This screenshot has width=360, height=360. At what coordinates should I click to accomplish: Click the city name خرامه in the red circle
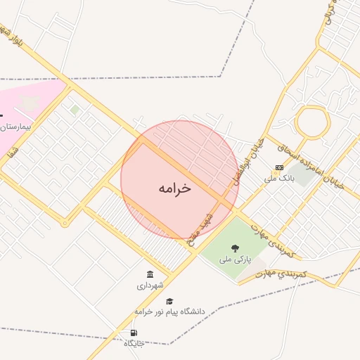[174, 188]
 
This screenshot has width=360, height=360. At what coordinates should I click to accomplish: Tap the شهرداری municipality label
[150, 285]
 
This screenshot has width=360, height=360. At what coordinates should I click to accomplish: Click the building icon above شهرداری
[150, 274]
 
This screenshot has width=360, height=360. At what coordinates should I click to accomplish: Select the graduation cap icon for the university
[168, 301]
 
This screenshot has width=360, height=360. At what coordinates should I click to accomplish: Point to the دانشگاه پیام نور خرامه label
[169, 311]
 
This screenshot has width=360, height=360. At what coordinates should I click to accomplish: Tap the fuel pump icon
[134, 333]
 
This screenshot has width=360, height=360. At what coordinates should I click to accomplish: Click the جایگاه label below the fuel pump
[134, 343]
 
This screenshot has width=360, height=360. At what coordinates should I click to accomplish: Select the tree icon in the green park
[235, 248]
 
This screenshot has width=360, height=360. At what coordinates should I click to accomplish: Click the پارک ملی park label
[235, 259]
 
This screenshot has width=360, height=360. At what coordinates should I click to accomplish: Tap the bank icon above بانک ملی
[279, 167]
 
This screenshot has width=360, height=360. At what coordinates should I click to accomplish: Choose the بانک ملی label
[278, 179]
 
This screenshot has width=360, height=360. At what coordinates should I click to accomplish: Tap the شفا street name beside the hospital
[12, 150]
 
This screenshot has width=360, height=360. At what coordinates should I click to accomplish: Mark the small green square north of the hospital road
[75, 110]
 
